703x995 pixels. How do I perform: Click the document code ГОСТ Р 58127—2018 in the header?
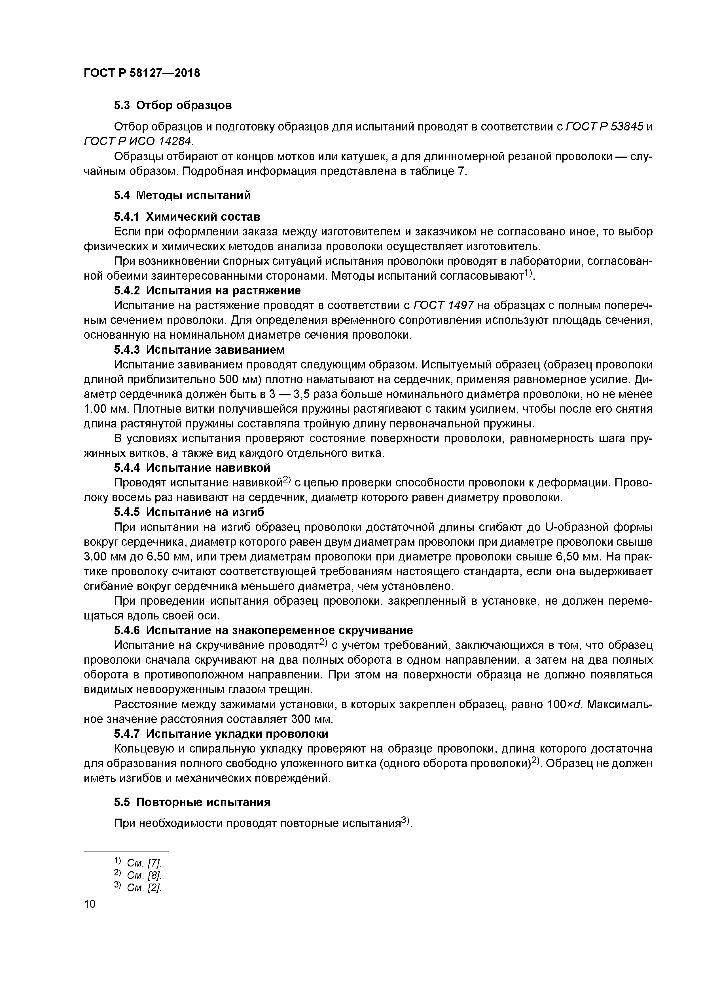(142, 73)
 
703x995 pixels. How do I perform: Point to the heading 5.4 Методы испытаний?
(182, 195)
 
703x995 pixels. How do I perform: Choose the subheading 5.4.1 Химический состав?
(187, 216)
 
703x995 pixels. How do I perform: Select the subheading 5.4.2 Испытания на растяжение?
(207, 290)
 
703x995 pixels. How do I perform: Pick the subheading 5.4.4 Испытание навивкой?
(192, 468)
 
